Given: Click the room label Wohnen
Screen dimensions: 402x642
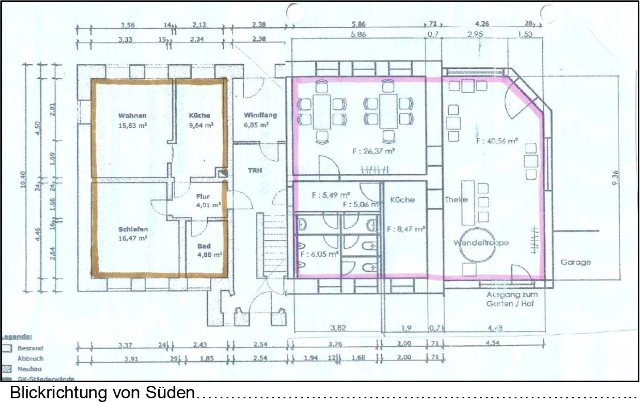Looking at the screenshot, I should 132,116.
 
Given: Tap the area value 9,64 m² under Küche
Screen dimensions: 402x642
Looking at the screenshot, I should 201,125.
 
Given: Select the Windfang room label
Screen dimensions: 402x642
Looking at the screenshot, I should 260,115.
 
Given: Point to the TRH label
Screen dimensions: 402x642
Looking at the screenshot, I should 255,171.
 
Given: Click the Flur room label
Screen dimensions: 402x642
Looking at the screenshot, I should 203,197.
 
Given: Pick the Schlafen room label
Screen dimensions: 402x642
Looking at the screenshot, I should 133,229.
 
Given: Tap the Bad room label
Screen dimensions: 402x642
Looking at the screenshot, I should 204,246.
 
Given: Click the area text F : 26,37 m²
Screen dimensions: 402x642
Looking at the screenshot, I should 373,151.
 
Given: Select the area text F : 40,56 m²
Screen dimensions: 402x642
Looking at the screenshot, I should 497,141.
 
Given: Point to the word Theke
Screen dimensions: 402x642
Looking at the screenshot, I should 456,200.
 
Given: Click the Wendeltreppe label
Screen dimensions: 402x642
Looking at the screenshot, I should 481,243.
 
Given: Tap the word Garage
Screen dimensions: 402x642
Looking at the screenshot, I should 576,262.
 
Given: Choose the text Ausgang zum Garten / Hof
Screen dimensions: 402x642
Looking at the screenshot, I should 512,299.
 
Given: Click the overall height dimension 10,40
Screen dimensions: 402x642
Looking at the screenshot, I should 24,180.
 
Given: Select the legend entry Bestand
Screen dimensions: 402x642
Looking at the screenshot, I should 30,349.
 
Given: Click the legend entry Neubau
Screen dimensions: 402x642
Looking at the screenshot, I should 29,369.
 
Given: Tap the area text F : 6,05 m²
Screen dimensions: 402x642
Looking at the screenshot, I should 319,254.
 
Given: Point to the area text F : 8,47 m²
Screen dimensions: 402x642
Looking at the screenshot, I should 406,229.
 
